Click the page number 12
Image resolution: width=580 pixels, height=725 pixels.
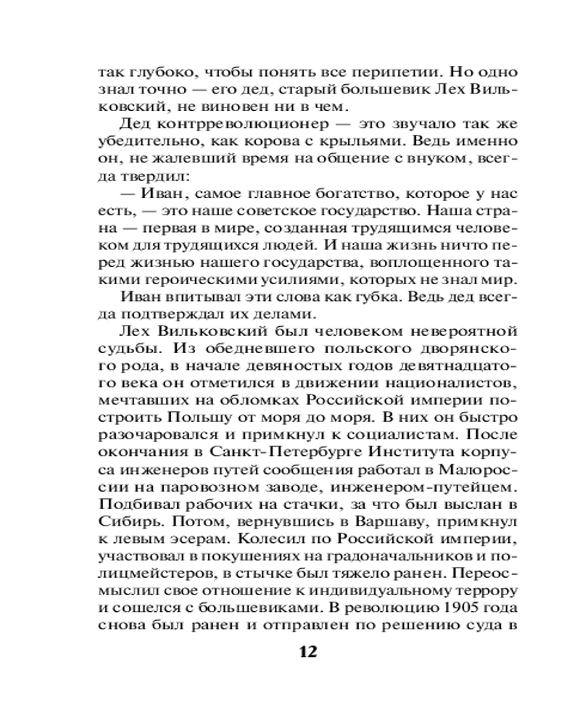pos(308,650)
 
